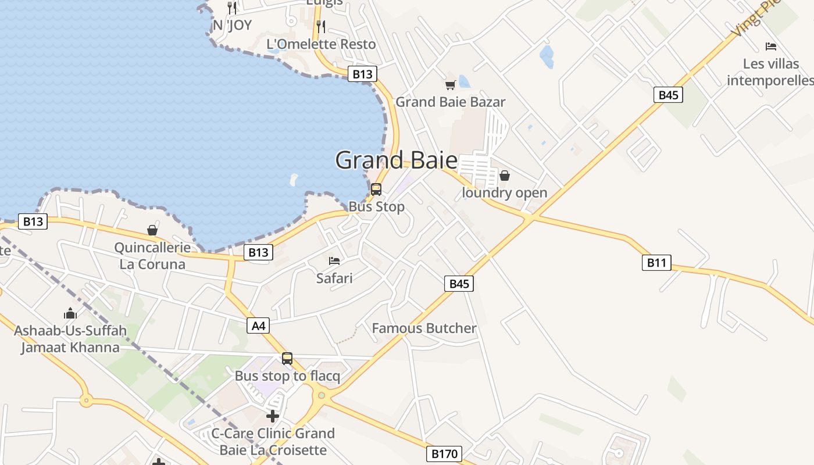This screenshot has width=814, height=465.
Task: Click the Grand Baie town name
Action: point(396,160)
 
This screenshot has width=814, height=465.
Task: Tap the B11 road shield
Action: point(656,263)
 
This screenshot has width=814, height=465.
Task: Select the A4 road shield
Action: point(259,326)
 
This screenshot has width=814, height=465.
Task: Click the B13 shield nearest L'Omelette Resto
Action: point(362,74)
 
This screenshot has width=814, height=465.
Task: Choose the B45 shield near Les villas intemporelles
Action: point(668,95)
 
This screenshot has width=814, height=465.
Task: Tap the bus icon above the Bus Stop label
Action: point(376,189)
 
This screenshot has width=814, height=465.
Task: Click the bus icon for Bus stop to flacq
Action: point(287,359)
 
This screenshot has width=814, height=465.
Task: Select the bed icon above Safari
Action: point(334,261)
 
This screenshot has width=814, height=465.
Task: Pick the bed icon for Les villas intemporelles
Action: point(771,46)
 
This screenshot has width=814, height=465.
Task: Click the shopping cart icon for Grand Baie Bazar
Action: point(450,85)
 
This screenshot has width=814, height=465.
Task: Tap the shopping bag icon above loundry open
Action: point(505,175)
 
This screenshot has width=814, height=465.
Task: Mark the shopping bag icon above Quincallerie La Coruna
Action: point(152,230)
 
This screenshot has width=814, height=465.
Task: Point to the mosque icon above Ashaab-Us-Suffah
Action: point(70,314)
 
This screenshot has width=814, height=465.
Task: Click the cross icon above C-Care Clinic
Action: point(273,416)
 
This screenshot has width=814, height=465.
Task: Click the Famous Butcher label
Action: point(424,328)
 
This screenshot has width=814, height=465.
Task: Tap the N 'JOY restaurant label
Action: point(232,25)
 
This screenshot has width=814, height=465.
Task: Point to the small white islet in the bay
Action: point(294,180)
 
